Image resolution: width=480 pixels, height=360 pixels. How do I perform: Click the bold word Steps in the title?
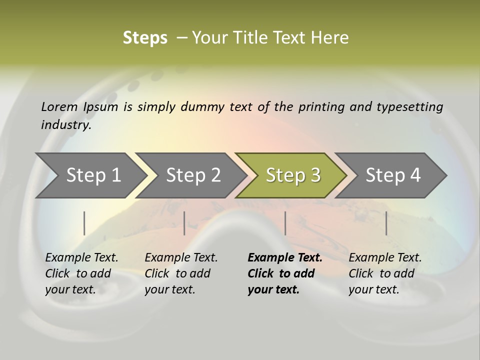145,38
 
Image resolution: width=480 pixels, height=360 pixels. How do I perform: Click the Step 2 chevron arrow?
193,175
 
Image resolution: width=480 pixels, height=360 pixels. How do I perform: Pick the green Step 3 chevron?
293,175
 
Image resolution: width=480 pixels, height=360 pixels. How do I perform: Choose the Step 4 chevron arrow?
393,175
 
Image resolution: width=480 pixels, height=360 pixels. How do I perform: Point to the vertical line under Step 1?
84,223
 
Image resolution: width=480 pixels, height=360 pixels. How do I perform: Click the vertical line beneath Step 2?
184,223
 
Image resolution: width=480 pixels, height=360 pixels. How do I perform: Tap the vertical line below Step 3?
285,223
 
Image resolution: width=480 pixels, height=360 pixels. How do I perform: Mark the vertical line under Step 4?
386,223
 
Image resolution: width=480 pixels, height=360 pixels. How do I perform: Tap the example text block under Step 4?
385,273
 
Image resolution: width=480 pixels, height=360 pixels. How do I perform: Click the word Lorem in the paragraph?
59,107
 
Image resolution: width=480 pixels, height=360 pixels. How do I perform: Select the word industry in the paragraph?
65,125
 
